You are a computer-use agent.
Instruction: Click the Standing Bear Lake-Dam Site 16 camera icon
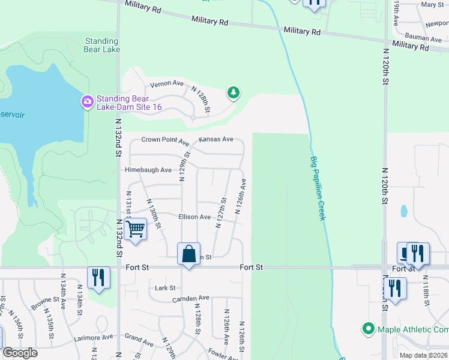click(x=88, y=101)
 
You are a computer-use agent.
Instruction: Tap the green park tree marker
click(x=233, y=93)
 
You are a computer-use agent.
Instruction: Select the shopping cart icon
click(x=136, y=229)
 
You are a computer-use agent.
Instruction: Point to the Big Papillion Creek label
click(x=318, y=188)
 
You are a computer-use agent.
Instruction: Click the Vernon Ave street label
click(x=166, y=83)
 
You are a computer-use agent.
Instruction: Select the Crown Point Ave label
click(x=165, y=140)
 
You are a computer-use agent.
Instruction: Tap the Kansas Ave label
click(x=216, y=139)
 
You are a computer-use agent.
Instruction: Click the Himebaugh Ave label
click(x=148, y=170)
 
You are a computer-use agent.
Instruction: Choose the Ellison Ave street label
click(x=194, y=217)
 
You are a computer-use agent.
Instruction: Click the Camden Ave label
click(x=190, y=298)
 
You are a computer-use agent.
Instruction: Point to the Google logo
click(x=20, y=353)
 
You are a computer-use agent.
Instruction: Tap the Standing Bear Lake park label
click(x=102, y=45)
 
